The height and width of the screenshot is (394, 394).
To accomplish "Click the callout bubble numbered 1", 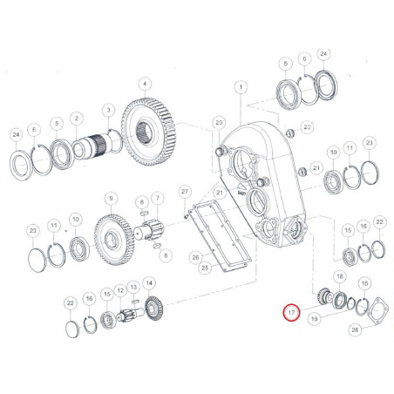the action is (x=241, y=87).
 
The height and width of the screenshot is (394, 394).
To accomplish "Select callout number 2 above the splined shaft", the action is (x=77, y=119).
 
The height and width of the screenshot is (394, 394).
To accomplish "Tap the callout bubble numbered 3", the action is (x=109, y=110).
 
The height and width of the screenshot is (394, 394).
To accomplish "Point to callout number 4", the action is (x=146, y=85).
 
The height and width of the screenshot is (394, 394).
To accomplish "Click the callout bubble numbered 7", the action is (x=158, y=198).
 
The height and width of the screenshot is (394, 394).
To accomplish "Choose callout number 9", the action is (x=111, y=199).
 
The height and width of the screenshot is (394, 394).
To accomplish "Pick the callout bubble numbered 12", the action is (x=120, y=290).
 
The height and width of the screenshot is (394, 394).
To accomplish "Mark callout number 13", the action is (x=133, y=288).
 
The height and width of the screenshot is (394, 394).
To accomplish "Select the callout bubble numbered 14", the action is (x=149, y=283).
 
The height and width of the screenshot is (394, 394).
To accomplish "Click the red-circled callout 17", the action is (x=291, y=313).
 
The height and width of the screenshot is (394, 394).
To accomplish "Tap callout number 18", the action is (x=340, y=276).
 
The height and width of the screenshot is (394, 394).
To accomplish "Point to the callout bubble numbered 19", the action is (x=315, y=319).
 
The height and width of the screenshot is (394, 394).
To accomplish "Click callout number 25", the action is (x=205, y=268).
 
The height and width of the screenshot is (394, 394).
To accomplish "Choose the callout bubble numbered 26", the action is (x=196, y=257).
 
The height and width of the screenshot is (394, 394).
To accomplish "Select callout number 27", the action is (x=185, y=192).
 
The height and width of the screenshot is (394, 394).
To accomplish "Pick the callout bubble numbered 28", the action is (x=355, y=329).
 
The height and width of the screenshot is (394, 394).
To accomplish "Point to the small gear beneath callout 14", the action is (x=154, y=311).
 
